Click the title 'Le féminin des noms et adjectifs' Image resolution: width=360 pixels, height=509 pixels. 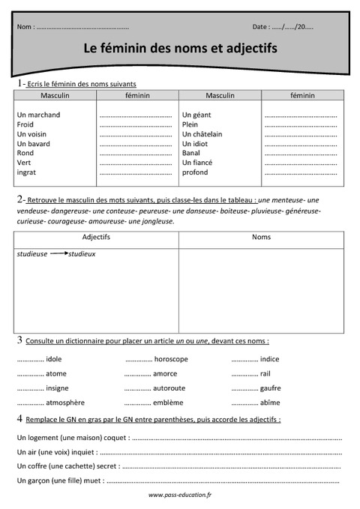coord(180,48)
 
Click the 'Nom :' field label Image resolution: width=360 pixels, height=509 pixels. coord(25,26)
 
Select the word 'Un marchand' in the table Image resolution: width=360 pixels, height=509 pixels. coord(38,115)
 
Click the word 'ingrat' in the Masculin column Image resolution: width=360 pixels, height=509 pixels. coord(26,172)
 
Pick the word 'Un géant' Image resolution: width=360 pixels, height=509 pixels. coord(196,115)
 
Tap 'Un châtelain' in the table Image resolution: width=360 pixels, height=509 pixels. coord(202,134)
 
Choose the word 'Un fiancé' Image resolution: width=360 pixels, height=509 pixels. coord(198,163)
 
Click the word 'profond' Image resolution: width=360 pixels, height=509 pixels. coord(195,172)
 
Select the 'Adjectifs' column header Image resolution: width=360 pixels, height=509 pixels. coord(95,238)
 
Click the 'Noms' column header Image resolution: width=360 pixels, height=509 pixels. coord(262,238)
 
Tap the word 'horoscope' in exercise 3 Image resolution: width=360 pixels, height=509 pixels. coord(170,359)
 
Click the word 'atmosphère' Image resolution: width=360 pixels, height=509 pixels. coord(65,403)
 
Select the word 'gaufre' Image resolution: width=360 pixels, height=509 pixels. coord(270,388)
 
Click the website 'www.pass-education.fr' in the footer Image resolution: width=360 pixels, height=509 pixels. coord(180,495)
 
